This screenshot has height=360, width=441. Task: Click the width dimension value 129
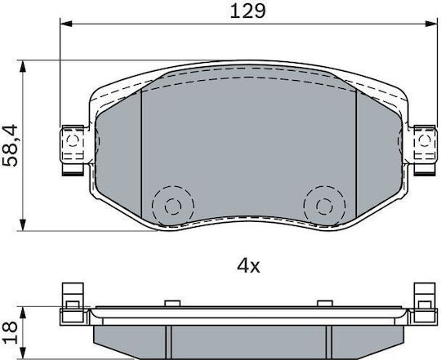pos(247,11)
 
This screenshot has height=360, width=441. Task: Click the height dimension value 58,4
pos(10,145)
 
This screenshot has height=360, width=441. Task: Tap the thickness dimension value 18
pos(10,333)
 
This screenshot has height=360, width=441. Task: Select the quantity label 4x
pos(248,266)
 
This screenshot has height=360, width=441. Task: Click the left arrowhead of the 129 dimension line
pos(66,24)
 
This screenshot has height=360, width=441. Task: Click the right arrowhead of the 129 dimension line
pos(431,24)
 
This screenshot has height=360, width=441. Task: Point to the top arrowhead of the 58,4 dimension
pos(23,66)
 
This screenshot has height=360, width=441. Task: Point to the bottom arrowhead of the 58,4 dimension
pos(23,224)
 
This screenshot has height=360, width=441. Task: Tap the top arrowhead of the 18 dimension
pos(23,313)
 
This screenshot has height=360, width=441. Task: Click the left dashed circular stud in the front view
pos(173,207)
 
